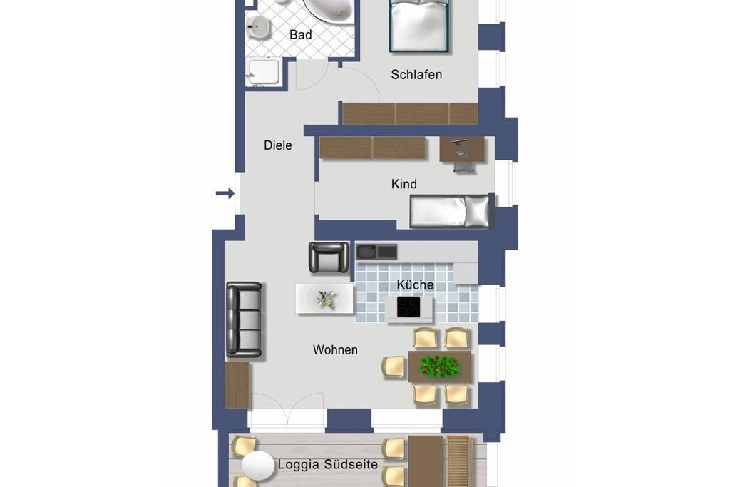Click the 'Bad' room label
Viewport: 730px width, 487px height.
(x=300, y=34)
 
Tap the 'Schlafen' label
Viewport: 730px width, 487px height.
(x=416, y=74)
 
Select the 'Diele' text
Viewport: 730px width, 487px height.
(x=278, y=145)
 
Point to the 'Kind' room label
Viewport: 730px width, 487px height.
(x=403, y=184)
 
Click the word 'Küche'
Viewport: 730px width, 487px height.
(x=416, y=284)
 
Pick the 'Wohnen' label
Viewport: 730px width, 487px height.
(x=335, y=349)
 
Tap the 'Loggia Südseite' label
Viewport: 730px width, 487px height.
(x=328, y=464)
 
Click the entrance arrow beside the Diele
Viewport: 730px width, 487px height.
(x=225, y=193)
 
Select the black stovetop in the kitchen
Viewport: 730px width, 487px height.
(x=408, y=307)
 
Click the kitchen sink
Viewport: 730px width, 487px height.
(x=376, y=252)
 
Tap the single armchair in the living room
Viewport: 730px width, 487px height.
(x=329, y=257)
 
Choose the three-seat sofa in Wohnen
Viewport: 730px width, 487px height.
(x=244, y=320)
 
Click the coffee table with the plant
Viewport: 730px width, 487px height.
(x=324, y=299)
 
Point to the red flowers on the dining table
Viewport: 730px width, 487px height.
(x=439, y=366)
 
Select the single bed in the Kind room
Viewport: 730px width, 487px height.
(x=451, y=211)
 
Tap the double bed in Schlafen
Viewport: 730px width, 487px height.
(x=419, y=26)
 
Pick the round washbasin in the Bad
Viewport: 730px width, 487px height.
(x=258, y=26)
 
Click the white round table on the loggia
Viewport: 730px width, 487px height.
(x=258, y=466)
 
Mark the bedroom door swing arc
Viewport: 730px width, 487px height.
(x=368, y=79)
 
